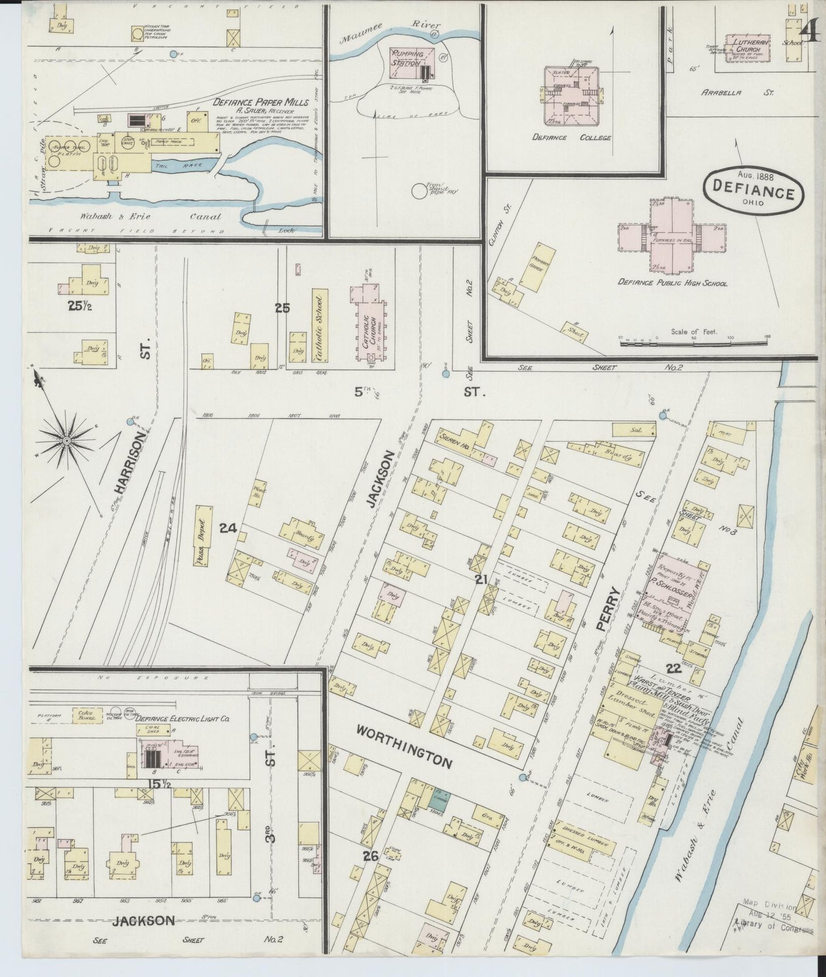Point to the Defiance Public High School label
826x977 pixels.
coord(672,283)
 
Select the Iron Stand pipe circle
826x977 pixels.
coord(421,191)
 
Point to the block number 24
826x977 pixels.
coord(228,528)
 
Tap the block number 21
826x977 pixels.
coord(481,579)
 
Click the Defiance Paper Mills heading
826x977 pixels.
coord(260,103)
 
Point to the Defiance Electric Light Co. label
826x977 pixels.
coord(183,719)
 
